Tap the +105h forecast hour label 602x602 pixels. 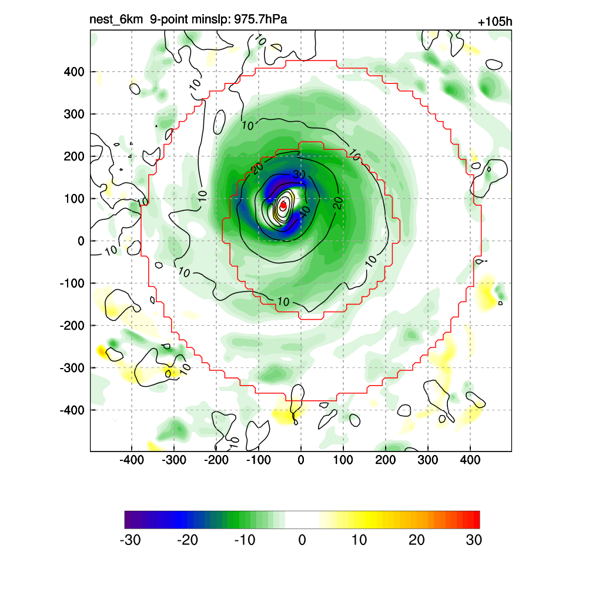click(495, 22)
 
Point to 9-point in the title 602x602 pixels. click(170, 20)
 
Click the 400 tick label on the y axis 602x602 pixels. click(74, 72)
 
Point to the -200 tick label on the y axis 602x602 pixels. click(72, 326)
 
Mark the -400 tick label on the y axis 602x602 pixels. click(72, 410)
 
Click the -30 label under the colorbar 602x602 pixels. click(130, 540)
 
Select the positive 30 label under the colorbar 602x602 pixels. click(474, 540)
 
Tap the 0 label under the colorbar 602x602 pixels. click(302, 540)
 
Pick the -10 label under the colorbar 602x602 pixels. click(245, 540)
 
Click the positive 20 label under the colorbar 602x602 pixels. click(416, 540)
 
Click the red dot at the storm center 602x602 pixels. click(283, 205)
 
